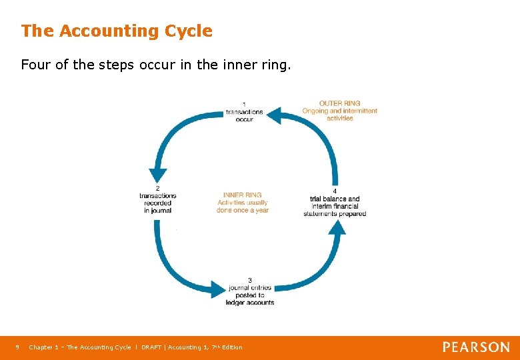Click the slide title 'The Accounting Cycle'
117,31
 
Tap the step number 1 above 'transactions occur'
244,104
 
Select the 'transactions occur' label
244,115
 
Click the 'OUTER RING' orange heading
339,103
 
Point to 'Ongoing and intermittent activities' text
339,114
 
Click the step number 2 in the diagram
157,188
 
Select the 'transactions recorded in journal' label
157,203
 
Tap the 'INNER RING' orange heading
243,195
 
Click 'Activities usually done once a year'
243,206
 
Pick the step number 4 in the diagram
334,191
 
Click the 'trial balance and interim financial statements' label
334,206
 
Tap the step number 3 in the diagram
249,280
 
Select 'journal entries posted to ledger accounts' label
251,295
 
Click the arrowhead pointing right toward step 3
218,289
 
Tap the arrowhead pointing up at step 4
338,229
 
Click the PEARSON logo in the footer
476,347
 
